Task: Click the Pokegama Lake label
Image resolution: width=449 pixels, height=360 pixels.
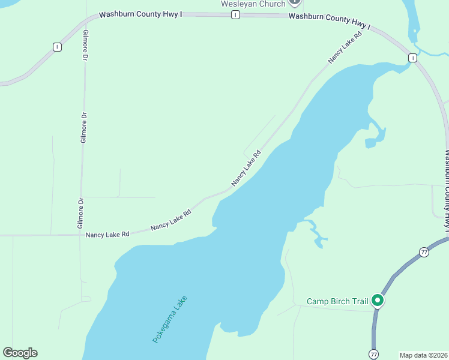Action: pos(170,319)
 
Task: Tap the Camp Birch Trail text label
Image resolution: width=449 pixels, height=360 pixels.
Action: pos(337,301)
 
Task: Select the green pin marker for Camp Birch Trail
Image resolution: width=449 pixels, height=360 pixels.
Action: pos(378,300)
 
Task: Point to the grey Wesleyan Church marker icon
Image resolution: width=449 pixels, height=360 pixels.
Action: pos(294,2)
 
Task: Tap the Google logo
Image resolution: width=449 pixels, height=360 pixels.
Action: pos(20,353)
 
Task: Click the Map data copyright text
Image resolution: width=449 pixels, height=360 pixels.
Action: pos(424,355)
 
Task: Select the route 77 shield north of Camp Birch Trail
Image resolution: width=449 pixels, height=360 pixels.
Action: pos(424,252)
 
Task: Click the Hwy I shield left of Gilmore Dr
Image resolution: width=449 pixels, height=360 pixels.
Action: pos(57,47)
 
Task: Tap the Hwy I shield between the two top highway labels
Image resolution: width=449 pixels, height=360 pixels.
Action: pos(236,14)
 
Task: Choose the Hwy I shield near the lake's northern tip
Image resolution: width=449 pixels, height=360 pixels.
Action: pos(412,58)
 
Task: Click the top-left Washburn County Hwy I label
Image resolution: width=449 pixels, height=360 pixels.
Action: pos(140,14)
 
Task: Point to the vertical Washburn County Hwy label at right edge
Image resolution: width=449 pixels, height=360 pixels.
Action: pos(446,189)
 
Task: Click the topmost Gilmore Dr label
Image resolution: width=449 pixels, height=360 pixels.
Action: pos(85,45)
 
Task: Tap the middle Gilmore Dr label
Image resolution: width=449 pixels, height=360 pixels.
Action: pos(84,128)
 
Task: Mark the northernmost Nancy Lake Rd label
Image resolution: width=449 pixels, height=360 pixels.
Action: pos(346,47)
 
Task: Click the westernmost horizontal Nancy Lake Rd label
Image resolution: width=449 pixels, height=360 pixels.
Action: pos(107,235)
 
